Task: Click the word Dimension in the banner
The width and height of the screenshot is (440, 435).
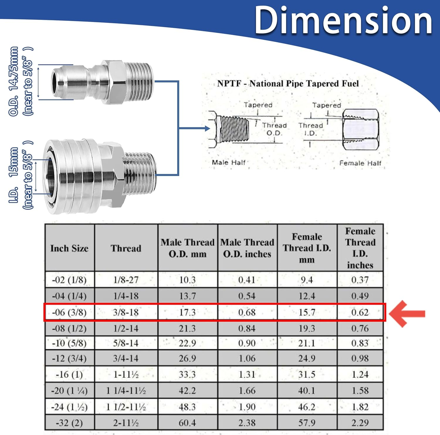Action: pyautogui.click(x=343, y=21)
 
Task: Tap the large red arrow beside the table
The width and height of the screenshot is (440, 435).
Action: pyautogui.click(x=407, y=313)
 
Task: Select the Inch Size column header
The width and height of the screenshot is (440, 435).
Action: pyautogui.click(x=70, y=248)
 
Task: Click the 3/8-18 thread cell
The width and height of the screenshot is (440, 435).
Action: pyautogui.click(x=126, y=312)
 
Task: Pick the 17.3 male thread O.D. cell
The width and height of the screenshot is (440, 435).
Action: pyautogui.click(x=187, y=312)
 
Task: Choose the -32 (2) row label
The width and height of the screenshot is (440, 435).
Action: pyautogui.click(x=69, y=423)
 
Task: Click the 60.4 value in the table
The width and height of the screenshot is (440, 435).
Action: pyautogui.click(x=187, y=423)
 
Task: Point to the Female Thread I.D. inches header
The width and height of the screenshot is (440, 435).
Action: pyautogui.click(x=360, y=248)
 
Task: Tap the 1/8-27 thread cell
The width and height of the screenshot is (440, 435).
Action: pyautogui.click(x=126, y=280)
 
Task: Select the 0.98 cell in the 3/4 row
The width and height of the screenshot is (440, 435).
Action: pyautogui.click(x=360, y=358)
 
